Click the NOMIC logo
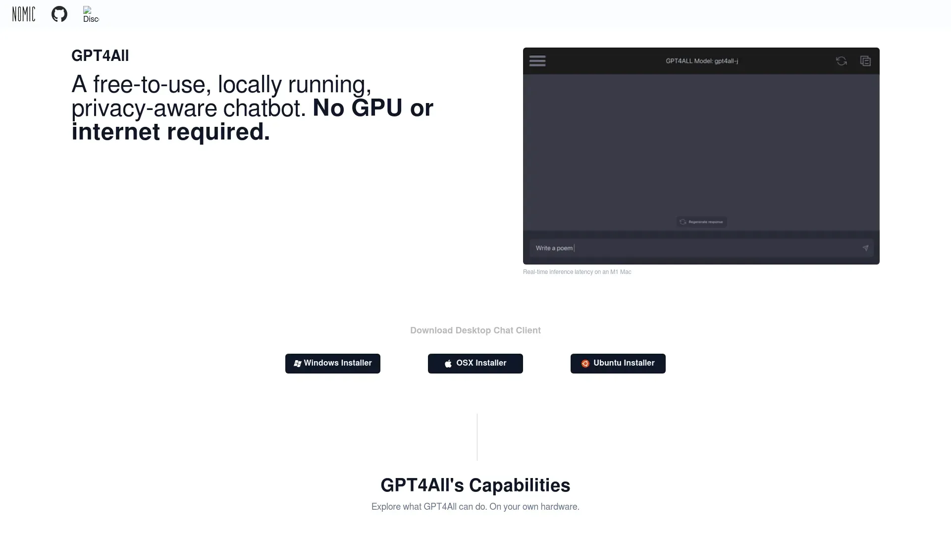tap(24, 14)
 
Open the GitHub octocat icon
tap(59, 14)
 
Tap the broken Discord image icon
tap(91, 14)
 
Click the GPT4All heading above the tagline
tap(100, 55)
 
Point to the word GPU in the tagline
tap(376, 108)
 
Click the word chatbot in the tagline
tap(264, 108)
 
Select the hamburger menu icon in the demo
tap(537, 61)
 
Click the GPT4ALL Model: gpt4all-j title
tap(702, 61)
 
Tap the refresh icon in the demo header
tap(842, 61)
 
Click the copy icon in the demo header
tap(865, 61)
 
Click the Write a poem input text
tap(554, 248)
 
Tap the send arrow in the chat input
tap(865, 248)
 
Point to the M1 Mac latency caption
tap(577, 272)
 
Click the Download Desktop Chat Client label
tap(475, 330)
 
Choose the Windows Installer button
tap(333, 364)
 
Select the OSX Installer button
tap(475, 364)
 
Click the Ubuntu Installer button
tap(618, 364)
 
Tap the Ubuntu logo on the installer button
tap(585, 364)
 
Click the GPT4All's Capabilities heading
tap(475, 485)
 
